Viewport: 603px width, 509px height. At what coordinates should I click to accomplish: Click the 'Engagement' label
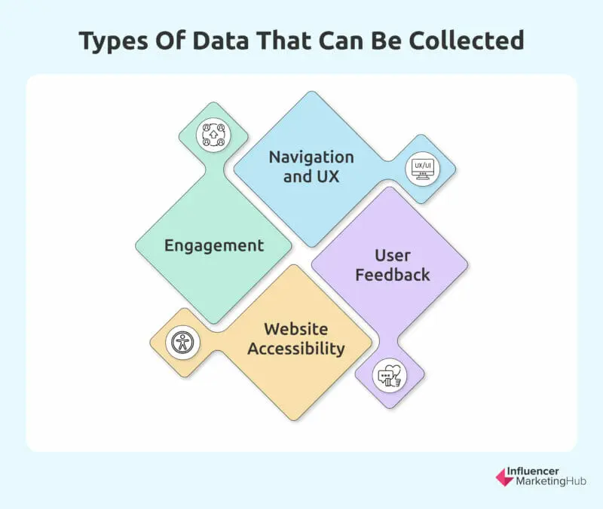pos(214,245)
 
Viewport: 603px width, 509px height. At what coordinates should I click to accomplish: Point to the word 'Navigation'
pos(312,157)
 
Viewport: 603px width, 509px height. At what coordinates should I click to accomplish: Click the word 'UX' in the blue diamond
pos(328,177)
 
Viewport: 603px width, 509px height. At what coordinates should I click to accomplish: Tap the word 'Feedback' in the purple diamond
pos(393,274)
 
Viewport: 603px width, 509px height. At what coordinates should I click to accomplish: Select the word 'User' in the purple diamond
pos(393,254)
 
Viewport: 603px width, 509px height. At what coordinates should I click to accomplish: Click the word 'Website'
pos(296,329)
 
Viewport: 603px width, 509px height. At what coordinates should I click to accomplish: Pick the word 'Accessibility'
pos(296,349)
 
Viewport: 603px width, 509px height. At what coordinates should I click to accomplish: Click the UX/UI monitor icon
pos(419,169)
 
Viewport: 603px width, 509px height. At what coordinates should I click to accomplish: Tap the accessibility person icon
pos(182,343)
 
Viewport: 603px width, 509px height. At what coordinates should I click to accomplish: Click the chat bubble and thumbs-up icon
pos(390,375)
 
